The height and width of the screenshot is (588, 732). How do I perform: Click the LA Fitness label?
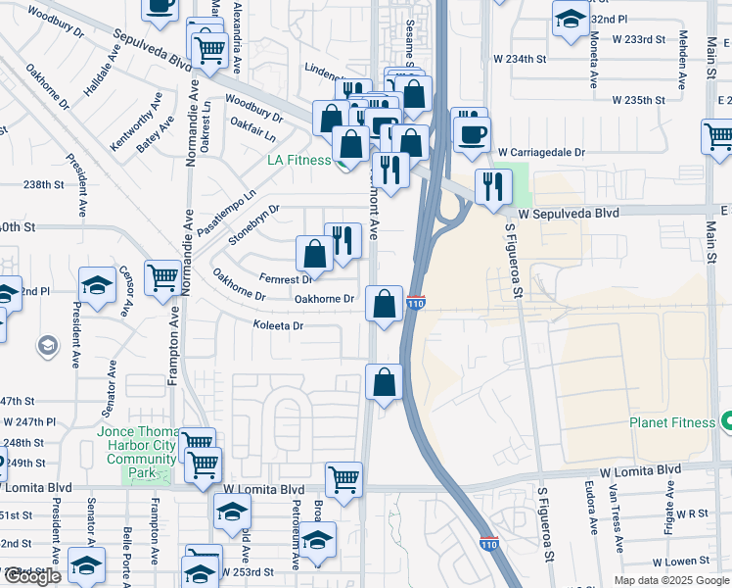pos(300,160)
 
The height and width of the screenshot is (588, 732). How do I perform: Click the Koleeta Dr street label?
pos(279,325)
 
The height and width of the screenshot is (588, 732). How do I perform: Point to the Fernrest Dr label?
pos(285,278)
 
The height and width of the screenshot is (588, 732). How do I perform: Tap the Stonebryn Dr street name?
pos(253,225)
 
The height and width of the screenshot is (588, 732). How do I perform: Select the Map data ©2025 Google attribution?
pos(671,579)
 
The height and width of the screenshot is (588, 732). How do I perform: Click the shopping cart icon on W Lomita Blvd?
pos(343,480)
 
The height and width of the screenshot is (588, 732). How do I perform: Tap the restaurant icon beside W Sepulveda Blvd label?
pos(492,185)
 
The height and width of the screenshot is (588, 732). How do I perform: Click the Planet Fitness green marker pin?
pos(726,422)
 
